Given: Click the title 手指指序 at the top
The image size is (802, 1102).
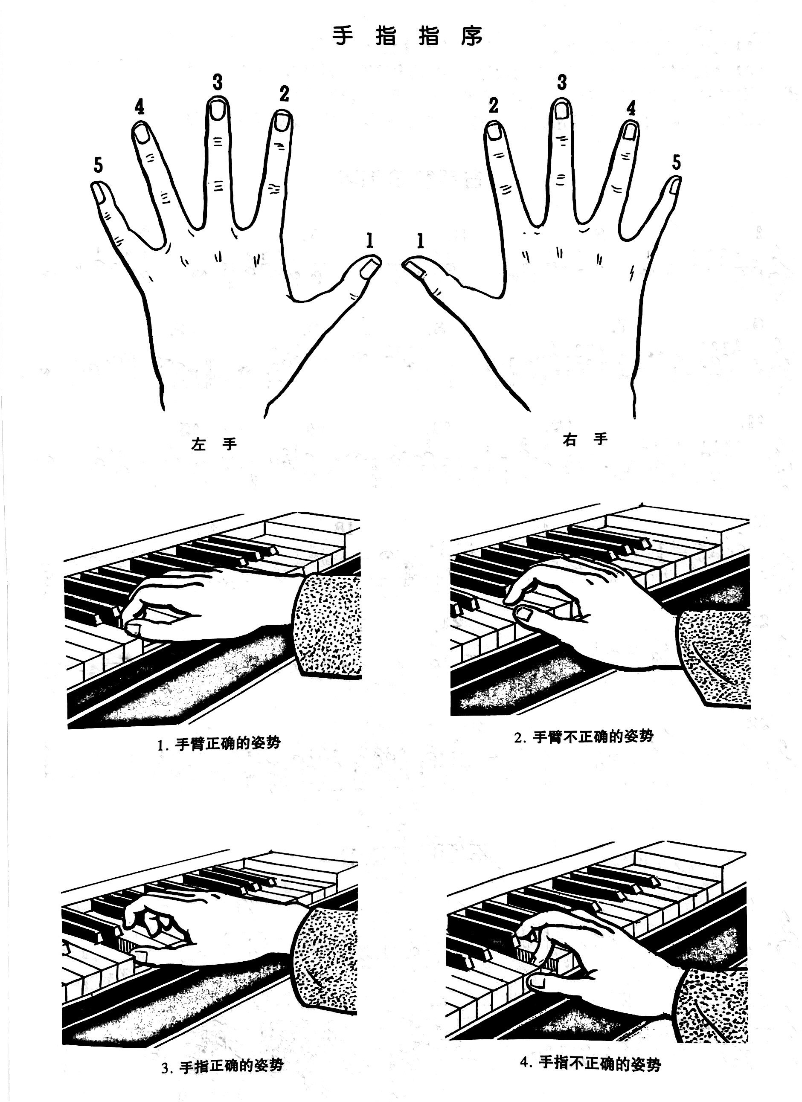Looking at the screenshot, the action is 408,36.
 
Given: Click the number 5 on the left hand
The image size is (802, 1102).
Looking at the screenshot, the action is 98,165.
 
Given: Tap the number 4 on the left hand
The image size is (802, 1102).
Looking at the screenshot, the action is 139,107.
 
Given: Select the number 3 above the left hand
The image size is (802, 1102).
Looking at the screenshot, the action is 218,82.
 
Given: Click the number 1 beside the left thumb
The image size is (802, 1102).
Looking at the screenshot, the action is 370,241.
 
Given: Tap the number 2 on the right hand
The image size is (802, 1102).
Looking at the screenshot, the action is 494,105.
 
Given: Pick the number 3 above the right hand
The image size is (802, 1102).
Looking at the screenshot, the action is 562,82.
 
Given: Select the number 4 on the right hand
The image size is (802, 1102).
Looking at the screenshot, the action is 631,108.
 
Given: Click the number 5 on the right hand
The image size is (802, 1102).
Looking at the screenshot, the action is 677,162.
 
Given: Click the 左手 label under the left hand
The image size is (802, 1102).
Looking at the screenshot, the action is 214,444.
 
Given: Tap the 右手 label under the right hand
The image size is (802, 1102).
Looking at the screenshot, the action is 585,440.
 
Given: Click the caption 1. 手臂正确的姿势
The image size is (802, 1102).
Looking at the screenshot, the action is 219,744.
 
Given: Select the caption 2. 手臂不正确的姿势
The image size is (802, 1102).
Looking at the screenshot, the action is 584,737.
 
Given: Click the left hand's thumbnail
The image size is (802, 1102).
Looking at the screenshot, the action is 371,268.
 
